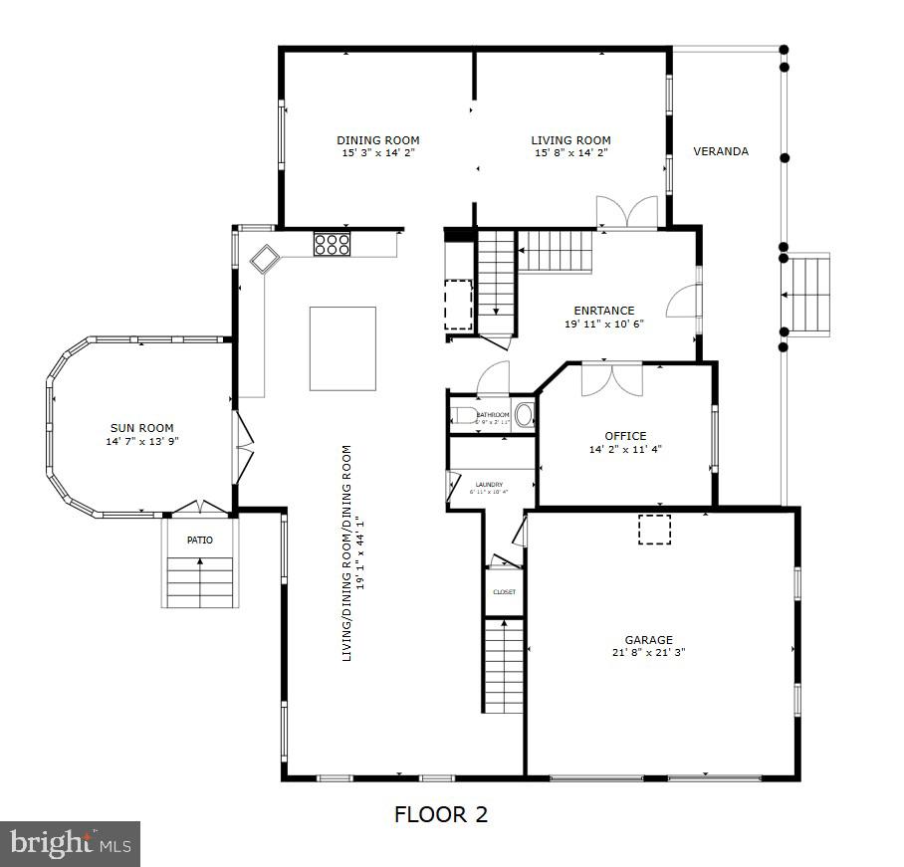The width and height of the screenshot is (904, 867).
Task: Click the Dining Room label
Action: pos(377,140)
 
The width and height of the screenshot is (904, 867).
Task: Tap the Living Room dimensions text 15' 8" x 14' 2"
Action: pos(570,153)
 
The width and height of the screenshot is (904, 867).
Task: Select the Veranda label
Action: pos(721,151)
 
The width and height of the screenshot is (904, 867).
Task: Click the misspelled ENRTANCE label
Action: pos(603,311)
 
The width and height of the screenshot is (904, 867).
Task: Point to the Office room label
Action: pos(625,436)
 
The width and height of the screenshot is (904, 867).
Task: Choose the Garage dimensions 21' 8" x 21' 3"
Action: pos(648,653)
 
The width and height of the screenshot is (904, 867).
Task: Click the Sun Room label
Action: pos(142,428)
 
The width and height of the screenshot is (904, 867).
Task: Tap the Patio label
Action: pos(200,540)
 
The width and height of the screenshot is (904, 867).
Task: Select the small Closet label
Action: pos(505,592)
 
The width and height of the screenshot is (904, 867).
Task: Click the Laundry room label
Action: pos(488,485)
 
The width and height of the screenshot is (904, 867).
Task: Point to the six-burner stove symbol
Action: pos(332,244)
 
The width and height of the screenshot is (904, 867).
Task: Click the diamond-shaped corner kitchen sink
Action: pos(266,260)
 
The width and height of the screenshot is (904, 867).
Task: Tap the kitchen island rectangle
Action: pos(342,348)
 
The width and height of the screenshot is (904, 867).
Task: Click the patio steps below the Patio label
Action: pos(200,581)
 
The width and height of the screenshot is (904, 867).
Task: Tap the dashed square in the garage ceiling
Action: pos(654,529)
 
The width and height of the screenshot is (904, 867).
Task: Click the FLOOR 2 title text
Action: pos(441,814)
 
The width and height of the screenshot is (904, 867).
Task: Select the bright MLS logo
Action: pos(70,843)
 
